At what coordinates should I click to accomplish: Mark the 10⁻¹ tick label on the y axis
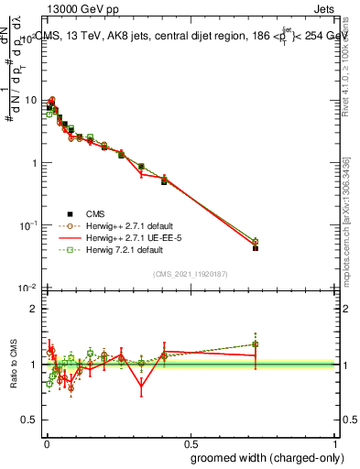(x=29, y=225)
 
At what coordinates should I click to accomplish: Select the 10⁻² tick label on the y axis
(x=29, y=288)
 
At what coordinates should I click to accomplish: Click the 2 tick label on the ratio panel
(x=35, y=309)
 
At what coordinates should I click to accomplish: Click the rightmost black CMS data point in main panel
(x=256, y=248)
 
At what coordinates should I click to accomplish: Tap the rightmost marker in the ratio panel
(x=256, y=344)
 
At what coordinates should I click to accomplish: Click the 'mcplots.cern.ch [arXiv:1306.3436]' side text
(x=346, y=220)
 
